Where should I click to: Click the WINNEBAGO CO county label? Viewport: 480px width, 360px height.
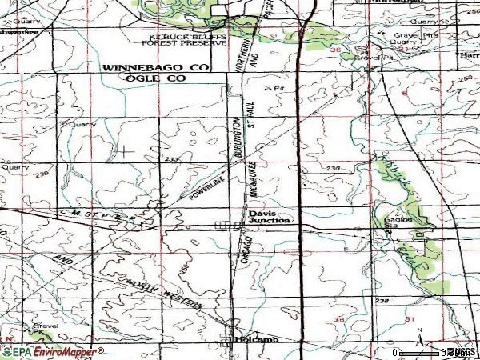(154, 69)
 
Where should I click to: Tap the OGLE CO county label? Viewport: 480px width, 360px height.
(153, 78)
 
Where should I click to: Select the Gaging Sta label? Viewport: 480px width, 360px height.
(398, 222)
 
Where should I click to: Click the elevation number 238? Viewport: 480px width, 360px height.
(383, 301)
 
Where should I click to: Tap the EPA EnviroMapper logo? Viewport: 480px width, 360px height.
(52, 351)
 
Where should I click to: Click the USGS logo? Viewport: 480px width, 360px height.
(463, 352)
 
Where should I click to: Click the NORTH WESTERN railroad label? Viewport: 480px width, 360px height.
(169, 288)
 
